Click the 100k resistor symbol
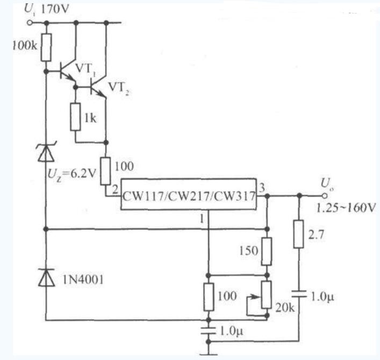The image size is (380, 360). tap(46, 47)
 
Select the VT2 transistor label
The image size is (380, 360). tap(118, 88)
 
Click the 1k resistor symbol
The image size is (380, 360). tap(75, 117)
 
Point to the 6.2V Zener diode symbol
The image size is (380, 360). tap(46, 152)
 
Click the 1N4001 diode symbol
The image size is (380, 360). tap(46, 277)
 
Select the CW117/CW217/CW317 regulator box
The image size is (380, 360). tap(189, 194)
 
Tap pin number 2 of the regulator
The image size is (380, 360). tap(116, 189)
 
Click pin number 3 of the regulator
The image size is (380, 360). tap(262, 188)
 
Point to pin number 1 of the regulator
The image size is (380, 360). tap(202, 220)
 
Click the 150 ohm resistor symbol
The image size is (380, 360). tap(267, 251)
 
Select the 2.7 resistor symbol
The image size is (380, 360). tap(299, 234)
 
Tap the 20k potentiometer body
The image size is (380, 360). tap(267, 295)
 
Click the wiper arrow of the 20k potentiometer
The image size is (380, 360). tap(254, 297)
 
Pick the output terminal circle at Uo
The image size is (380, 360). tap(325, 196)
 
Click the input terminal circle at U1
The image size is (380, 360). tap(30, 23)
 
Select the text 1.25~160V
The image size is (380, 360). tap(346, 208)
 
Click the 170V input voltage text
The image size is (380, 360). tap(55, 10)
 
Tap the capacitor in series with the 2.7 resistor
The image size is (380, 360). tap(299, 294)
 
